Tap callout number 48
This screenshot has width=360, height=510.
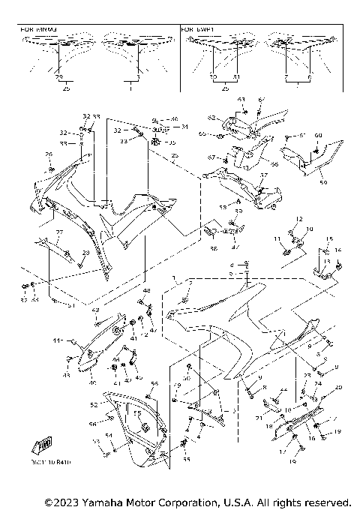(147, 290)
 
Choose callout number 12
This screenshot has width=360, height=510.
(298, 219)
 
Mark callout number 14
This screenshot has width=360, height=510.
(338, 250)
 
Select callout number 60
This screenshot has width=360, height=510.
(317, 135)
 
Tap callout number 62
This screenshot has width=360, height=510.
(212, 118)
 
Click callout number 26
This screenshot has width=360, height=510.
(49, 154)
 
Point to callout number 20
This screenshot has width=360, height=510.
(338, 387)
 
